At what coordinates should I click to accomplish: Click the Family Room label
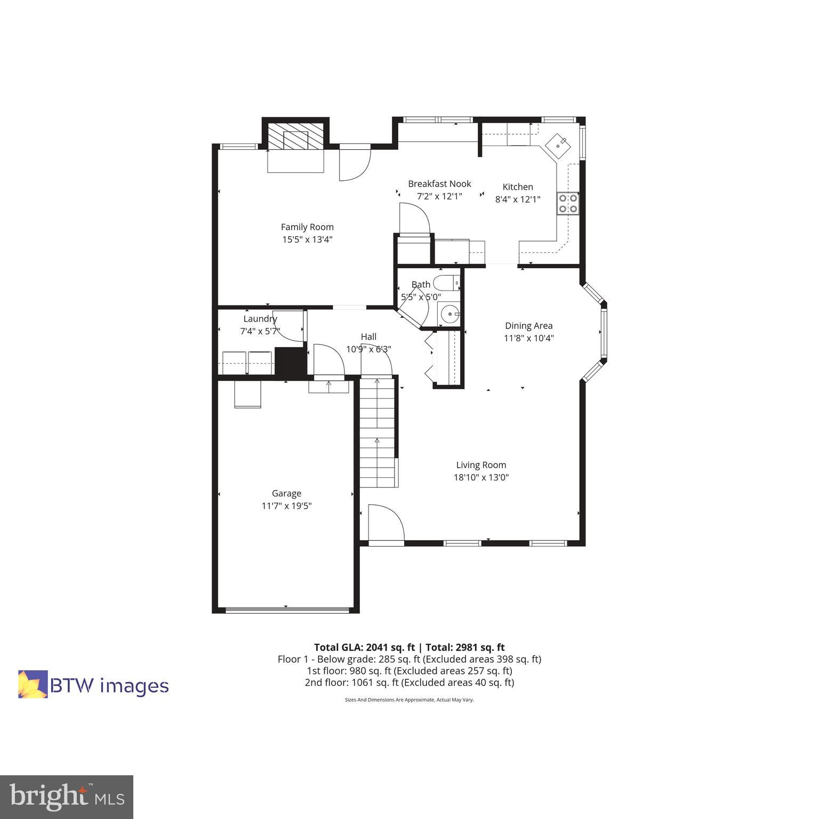coord(307,227)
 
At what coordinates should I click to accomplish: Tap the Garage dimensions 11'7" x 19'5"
coord(286,506)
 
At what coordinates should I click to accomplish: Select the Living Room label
coord(481,465)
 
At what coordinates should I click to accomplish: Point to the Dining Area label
coord(528,326)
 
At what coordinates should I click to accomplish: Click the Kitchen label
coord(518,187)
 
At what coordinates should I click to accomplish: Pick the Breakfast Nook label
coord(439,184)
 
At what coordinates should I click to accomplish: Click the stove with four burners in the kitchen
coord(568,203)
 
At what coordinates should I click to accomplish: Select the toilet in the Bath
coord(447,283)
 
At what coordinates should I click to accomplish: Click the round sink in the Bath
coord(448,314)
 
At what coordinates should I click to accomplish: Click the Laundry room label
coord(260,319)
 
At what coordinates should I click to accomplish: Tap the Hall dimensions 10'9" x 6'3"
coord(368,350)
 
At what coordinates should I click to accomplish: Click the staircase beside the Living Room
coord(378,432)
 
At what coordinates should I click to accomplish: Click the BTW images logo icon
coord(33,684)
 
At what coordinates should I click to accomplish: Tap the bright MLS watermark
coord(66,797)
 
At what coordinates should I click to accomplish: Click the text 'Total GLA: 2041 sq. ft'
coord(364,647)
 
